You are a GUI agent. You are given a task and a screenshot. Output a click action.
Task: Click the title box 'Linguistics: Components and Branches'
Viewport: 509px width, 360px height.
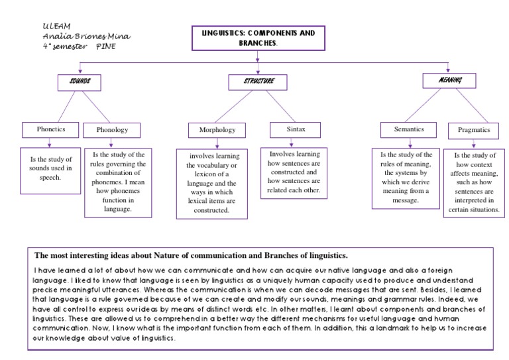[258, 38]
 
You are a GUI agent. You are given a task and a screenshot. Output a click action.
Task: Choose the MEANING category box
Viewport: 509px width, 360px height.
[451, 80]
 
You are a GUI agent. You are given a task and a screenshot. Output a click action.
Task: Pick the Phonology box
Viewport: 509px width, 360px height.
[112, 130]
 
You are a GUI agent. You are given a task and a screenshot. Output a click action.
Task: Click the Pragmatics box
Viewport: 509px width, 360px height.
[474, 131]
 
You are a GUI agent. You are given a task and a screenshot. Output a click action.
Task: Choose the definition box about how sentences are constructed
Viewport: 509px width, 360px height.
[294, 172]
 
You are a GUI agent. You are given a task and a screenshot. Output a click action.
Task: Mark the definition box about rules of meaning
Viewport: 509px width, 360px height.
[406, 176]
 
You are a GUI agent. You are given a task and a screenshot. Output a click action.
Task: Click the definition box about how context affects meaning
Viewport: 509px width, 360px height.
[473, 182]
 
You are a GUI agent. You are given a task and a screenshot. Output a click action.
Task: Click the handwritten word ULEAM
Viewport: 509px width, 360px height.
[54, 25]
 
